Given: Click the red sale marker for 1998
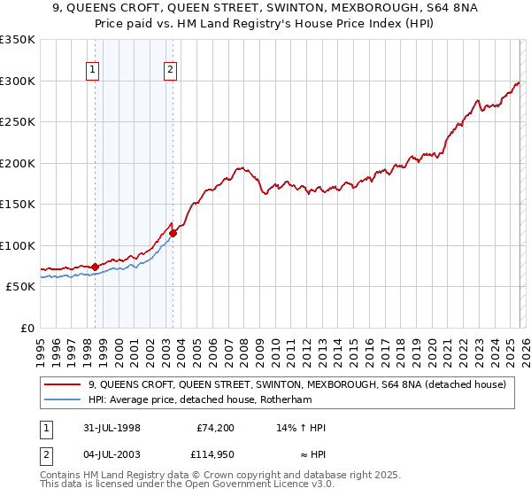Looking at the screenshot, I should click(x=96, y=267).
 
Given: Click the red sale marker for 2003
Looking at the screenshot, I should click(x=173, y=233).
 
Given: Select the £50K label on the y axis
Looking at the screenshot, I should click(x=20, y=287).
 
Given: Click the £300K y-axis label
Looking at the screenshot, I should click(x=17, y=81).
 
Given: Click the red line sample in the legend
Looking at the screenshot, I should click(x=63, y=384).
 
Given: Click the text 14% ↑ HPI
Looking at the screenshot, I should click(x=302, y=428).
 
